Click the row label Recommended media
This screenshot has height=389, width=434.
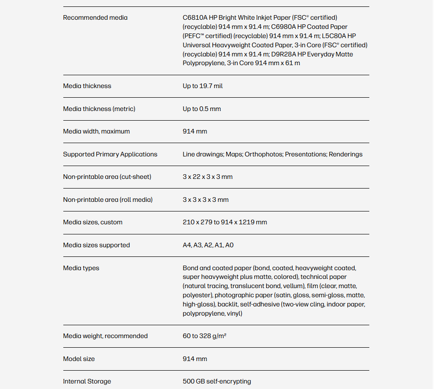[95, 18]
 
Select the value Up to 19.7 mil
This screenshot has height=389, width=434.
[202, 86]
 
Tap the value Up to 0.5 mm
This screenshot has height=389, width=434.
[201, 109]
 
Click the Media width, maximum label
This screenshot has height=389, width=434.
[96, 132]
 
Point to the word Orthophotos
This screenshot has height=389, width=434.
[263, 155]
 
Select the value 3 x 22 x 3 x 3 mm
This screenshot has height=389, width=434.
[207, 177]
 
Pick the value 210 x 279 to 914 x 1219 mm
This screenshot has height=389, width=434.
[224, 222]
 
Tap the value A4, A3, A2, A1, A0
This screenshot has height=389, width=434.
[208, 245]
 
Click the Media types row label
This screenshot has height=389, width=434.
[81, 268]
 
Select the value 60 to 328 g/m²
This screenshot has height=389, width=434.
[205, 336]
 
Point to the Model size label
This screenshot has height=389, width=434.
[79, 359]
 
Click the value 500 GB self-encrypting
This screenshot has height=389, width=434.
[217, 382]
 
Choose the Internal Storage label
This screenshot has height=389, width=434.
[87, 382]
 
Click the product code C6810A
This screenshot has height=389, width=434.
[195, 18]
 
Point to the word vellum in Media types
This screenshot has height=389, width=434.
[294, 286]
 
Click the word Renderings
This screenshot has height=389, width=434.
[345, 155]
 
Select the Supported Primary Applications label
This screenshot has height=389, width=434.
[110, 155]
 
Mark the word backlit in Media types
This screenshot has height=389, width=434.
[227, 305]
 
